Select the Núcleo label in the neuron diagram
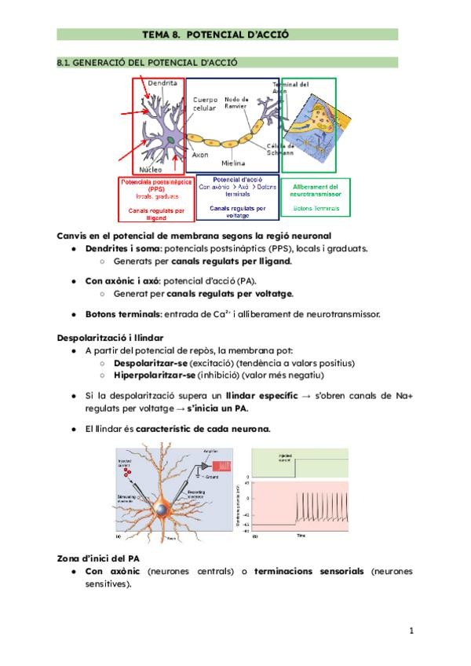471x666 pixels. coord(151,169)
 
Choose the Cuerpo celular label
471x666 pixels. coord(207,104)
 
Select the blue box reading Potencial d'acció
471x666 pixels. coord(241,194)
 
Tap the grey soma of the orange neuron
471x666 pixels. coord(162,510)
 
